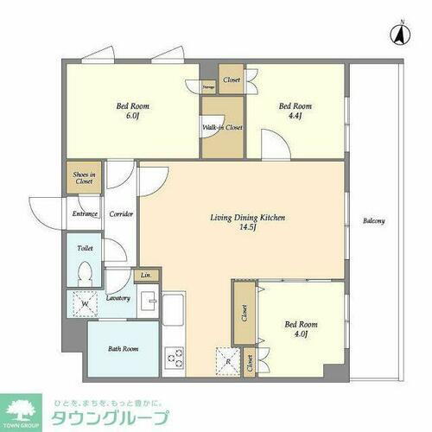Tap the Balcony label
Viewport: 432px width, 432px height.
(x=374, y=221)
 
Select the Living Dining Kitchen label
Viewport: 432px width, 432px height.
(x=249, y=218)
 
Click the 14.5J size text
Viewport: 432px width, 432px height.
(x=249, y=229)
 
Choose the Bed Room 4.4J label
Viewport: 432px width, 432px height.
(x=295, y=111)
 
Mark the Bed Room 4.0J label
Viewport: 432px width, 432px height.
(x=302, y=330)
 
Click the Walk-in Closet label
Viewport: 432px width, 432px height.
(x=223, y=128)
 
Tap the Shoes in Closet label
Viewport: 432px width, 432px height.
(x=84, y=179)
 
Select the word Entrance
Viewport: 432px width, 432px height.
(x=85, y=213)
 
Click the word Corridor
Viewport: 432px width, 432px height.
(x=121, y=213)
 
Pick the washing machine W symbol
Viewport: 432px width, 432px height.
(x=85, y=304)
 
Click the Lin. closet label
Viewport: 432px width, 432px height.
(x=146, y=276)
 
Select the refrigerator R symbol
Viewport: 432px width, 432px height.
(x=226, y=363)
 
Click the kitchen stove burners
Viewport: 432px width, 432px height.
(x=173, y=356)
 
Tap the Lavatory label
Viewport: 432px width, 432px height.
(x=118, y=298)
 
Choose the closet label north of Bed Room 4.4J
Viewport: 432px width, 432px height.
(x=231, y=80)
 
